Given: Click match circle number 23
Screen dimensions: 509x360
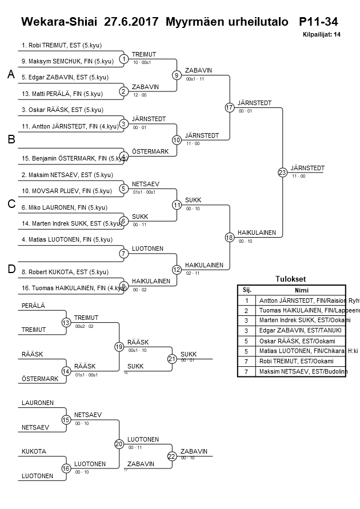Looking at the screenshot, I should pos(282,172).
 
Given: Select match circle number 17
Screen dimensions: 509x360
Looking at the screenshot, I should pos(230,107).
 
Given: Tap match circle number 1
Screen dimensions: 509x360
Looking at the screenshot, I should pos(124,59).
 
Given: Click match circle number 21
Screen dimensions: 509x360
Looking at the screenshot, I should pos(172,359).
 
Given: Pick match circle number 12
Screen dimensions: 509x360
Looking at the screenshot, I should pos(177,269).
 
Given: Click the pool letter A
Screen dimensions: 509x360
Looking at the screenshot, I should pos(10,74).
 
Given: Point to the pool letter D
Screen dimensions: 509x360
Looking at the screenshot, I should pos(10,269).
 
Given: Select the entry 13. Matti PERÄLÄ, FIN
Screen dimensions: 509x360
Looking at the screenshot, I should pos(62,94).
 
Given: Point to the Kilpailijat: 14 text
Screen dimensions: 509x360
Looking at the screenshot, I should pos(322,35).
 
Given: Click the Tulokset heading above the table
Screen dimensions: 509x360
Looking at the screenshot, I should pos(291,279).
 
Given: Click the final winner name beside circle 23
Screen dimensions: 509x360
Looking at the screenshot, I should pos(307,168).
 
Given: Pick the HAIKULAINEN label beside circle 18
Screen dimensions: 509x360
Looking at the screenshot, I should pos(257,233).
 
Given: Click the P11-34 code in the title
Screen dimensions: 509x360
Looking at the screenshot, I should pos(318,22).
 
